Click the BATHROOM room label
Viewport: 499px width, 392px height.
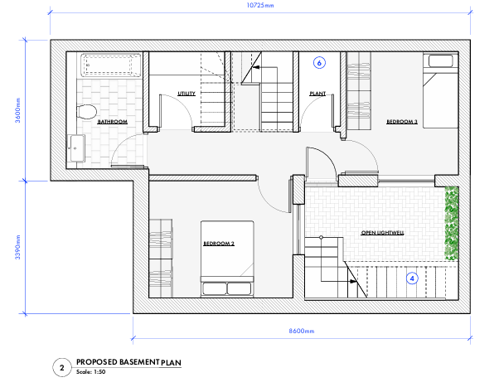[112, 122]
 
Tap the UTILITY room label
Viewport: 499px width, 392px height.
[187, 94]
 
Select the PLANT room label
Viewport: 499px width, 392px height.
[317, 94]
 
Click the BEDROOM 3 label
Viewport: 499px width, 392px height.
[402, 122]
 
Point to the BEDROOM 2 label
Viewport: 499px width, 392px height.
[220, 244]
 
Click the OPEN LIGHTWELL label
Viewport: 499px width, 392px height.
[384, 234]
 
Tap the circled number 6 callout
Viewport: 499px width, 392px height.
[320, 62]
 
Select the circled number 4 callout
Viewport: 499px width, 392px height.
[412, 278]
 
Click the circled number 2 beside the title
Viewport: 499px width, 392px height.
[61, 366]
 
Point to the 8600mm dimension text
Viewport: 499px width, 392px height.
[301, 331]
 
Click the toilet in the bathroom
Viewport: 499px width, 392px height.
[85, 112]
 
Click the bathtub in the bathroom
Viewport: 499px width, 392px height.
[110, 65]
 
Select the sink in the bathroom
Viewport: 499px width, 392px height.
[77, 148]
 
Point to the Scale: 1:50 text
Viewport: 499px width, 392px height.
[91, 371]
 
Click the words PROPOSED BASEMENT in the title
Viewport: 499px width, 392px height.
[117, 362]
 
